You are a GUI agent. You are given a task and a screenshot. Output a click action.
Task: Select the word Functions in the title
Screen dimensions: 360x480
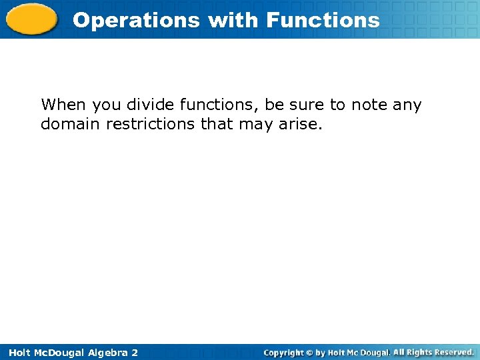pos(323,20)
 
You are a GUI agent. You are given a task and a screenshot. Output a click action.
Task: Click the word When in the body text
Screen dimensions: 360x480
pos(63,105)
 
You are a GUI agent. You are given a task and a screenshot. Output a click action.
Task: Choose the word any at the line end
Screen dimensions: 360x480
pos(408,105)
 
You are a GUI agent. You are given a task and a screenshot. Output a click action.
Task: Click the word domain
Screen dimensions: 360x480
pos(71,124)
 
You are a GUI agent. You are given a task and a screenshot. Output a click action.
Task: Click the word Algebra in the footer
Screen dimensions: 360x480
pos(101,352)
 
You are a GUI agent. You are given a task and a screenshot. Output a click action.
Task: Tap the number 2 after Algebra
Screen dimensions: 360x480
pos(134,352)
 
